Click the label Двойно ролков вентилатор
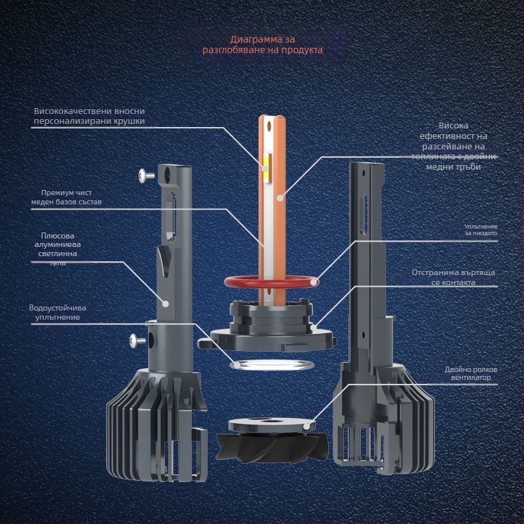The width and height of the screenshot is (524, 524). pos(471,374)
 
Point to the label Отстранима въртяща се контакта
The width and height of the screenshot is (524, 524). pos(453,277)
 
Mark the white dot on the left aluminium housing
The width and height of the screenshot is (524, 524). pos(166,303)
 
